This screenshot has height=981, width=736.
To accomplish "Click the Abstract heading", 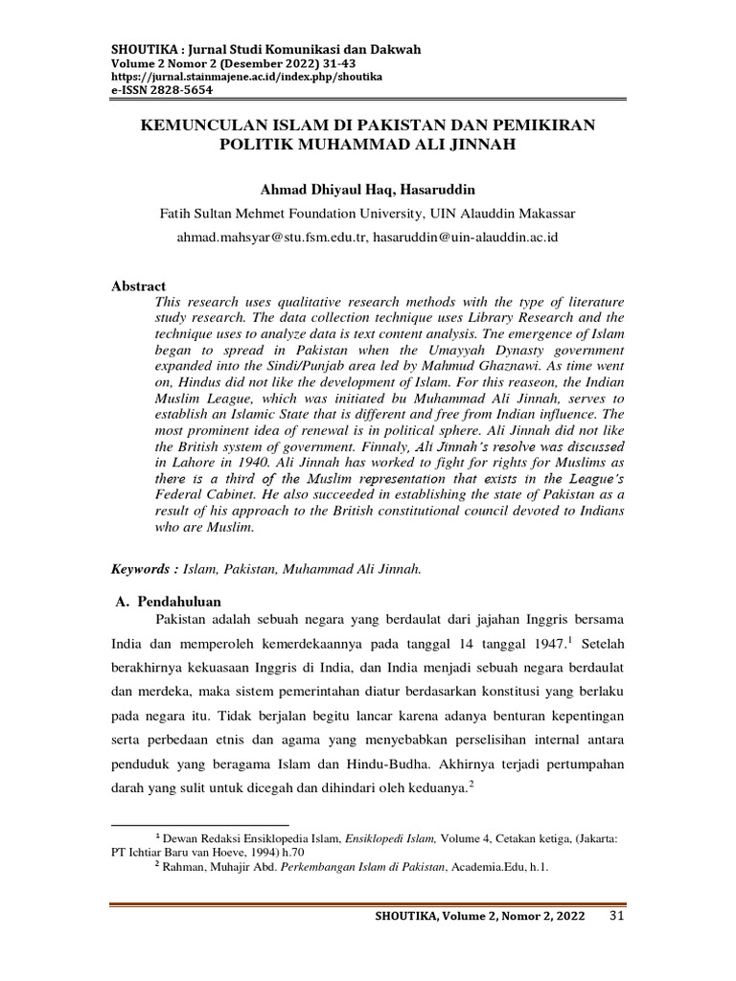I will click(139, 286).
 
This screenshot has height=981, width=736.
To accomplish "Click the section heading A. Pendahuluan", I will click(168, 601).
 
